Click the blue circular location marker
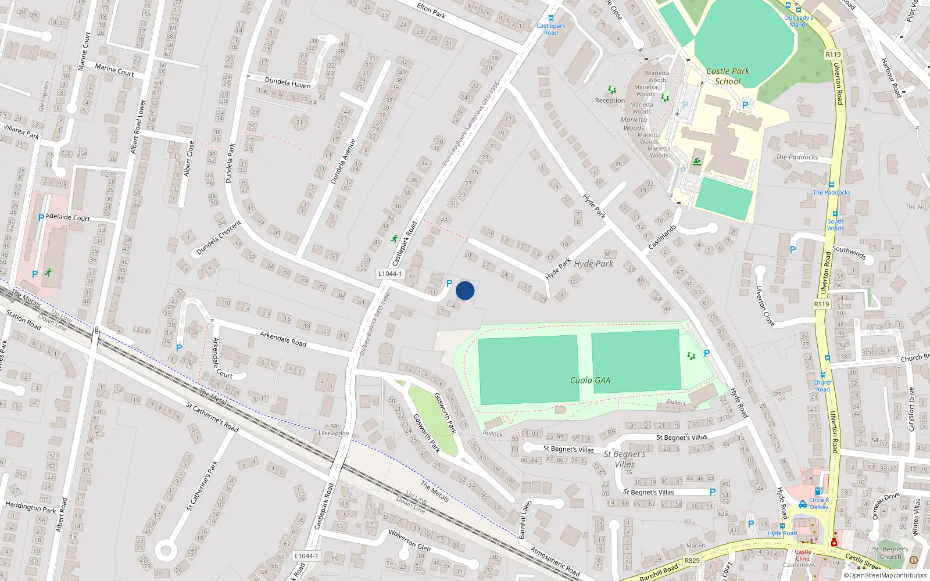[x=465, y=290]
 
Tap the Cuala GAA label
[x=590, y=381]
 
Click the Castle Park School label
[x=728, y=76]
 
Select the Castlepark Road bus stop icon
[x=551, y=18]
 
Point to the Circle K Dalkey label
[x=819, y=503]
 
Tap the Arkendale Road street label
[x=283, y=339]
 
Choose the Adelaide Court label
[x=68, y=217]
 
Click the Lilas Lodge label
[x=334, y=433]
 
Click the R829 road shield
[x=692, y=561]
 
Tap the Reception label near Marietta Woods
[x=610, y=101]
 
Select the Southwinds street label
[x=849, y=252]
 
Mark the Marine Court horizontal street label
[x=115, y=70]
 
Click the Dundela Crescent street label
[x=218, y=238]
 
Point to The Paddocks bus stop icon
[x=832, y=185]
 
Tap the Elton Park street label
[x=431, y=10]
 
